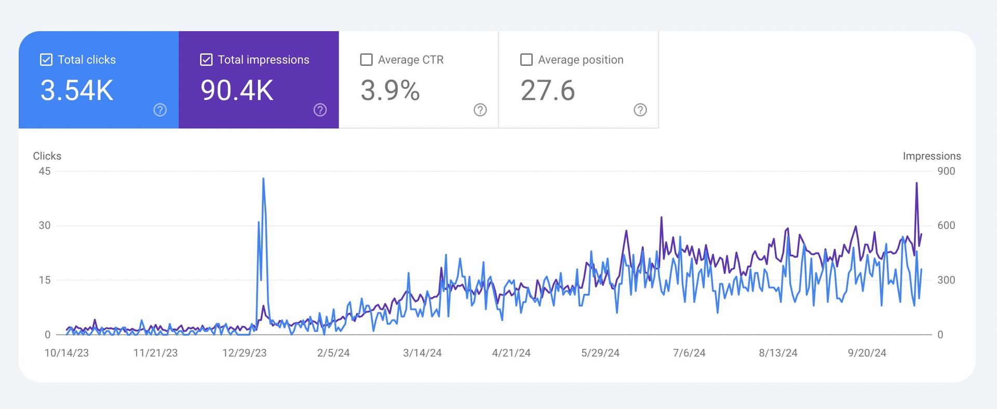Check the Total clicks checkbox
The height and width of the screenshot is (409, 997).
46,60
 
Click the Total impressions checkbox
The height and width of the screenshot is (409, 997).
206,60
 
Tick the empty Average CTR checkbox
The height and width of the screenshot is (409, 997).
366,60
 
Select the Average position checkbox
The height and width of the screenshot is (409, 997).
526,60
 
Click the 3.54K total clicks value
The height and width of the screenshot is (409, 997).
77,90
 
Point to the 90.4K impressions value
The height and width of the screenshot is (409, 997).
237,90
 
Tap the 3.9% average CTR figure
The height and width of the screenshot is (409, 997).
390,90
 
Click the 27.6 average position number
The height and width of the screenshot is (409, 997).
548,90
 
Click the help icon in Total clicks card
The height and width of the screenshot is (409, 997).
160,110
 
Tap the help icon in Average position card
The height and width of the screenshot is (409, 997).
640,110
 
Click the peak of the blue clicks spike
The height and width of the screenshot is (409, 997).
263,179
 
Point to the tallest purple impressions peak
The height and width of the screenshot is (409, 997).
917,183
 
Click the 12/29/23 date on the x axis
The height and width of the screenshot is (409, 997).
244,353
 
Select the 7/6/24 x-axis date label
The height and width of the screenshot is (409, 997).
689,353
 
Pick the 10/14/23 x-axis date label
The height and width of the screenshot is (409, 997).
66,353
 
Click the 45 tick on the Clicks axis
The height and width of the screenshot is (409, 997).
45,171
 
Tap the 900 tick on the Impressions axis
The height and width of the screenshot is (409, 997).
946,171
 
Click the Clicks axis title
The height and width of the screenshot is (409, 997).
47,156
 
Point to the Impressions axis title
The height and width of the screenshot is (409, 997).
932,156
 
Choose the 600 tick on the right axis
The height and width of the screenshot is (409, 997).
946,225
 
